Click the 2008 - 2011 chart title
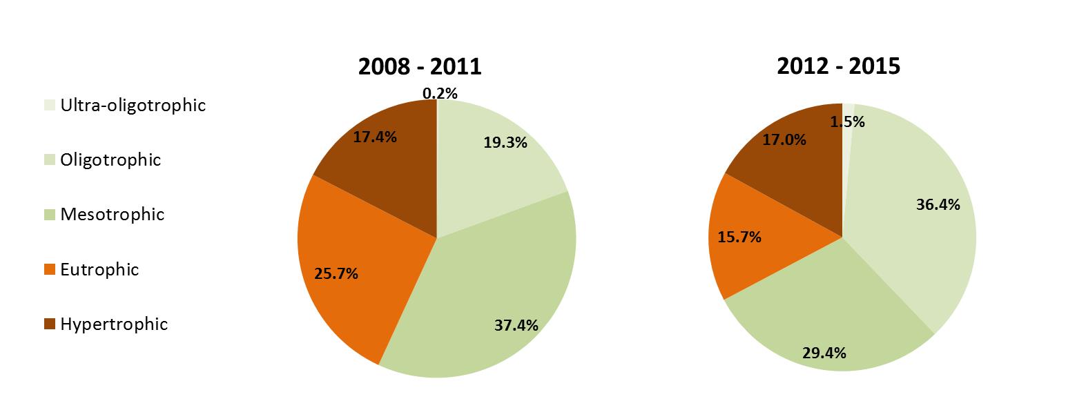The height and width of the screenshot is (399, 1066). point(420,66)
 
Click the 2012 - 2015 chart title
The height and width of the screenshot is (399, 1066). point(838,66)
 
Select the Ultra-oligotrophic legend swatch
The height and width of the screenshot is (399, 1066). point(48,106)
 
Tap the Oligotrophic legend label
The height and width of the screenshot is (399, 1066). point(110,160)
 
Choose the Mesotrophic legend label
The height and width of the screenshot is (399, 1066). point(113,215)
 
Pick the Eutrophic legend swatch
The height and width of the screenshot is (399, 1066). point(48,270)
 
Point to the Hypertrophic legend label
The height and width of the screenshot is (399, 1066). point(114,324)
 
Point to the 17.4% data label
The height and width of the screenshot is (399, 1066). point(374,137)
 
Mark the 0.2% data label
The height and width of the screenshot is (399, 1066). point(440,93)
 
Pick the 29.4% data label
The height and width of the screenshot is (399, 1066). point(824,353)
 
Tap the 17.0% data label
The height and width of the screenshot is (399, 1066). point(784,139)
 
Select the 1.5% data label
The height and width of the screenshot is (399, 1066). point(847,121)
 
